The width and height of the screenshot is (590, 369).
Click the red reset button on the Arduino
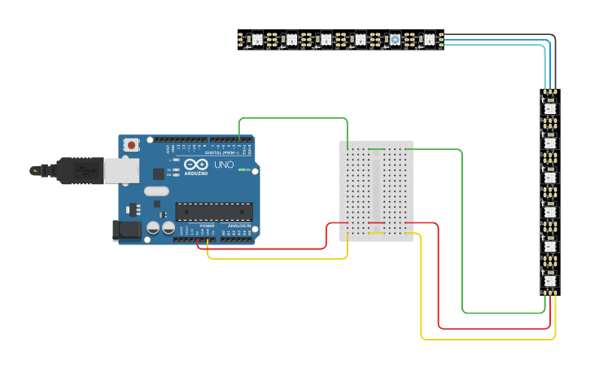pyautogui.click(x=131, y=145)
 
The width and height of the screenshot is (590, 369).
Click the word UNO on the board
pyautogui.click(x=224, y=165)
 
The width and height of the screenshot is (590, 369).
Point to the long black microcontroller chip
pyautogui.click(x=214, y=212)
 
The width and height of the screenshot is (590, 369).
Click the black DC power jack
pyautogui.click(x=127, y=230)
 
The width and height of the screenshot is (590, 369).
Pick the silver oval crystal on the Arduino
pyautogui.click(x=156, y=191)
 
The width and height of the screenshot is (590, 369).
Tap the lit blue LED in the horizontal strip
pyautogui.click(x=395, y=39)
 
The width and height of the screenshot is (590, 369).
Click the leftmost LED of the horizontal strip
pyautogui.click(x=257, y=39)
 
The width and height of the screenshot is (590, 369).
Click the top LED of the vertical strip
pyautogui.click(x=549, y=108)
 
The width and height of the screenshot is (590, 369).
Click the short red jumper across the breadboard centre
pyautogui.click(x=376, y=223)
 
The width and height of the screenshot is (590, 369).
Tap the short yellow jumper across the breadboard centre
pyautogui.click(x=376, y=234)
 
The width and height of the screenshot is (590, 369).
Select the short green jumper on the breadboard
pyautogui.click(x=376, y=149)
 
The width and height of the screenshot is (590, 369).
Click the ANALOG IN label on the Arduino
pyautogui.click(x=238, y=225)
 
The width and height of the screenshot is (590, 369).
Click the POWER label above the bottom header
pyautogui.click(x=208, y=226)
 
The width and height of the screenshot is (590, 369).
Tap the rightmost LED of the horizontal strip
pyautogui.click(x=429, y=39)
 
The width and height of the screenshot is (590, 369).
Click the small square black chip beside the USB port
pyautogui.click(x=158, y=174)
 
